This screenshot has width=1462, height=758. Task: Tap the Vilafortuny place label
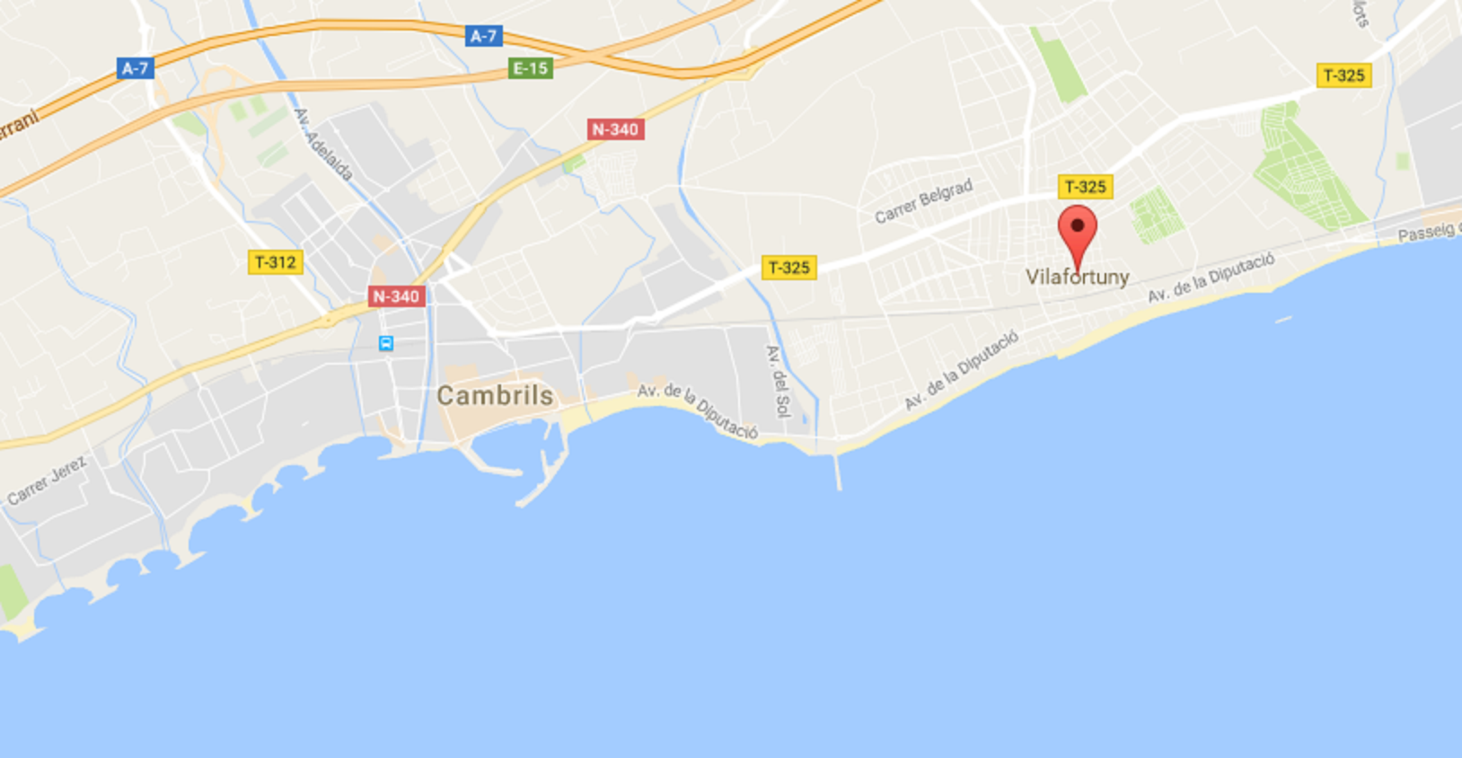tap(1077, 277)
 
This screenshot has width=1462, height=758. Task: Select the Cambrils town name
tap(495, 396)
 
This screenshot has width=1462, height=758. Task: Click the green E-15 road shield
tap(530, 69)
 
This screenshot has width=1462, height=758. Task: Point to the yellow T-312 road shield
tap(275, 262)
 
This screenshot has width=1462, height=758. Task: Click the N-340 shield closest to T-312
tap(396, 296)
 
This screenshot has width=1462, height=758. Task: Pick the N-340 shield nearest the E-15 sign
tap(615, 129)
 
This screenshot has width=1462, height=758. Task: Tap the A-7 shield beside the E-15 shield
tap(484, 36)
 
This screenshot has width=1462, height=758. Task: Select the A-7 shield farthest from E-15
tap(135, 69)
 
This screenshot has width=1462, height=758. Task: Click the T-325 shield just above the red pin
tap(1085, 187)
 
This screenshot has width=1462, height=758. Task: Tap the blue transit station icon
tap(386, 343)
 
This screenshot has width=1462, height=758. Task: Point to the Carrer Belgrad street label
tap(924, 201)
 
